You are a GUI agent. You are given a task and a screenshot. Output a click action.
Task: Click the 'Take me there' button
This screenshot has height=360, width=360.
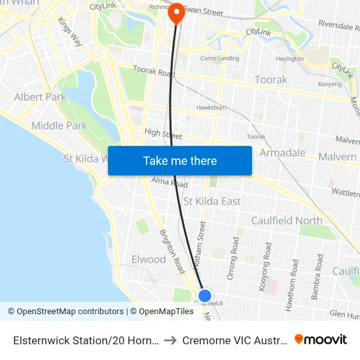(179, 160)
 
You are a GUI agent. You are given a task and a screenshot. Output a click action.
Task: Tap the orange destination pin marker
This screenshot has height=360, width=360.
(176, 13)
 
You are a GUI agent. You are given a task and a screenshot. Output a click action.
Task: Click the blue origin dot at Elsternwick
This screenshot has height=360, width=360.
(205, 296)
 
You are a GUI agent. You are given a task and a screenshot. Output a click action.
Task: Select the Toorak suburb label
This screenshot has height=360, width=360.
(270, 80)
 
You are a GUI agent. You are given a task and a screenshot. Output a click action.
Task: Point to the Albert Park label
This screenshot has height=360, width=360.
(41, 97)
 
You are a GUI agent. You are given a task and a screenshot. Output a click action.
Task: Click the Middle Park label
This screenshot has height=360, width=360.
(59, 126)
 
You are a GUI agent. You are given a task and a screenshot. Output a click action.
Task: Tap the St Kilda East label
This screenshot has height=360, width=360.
(212, 202)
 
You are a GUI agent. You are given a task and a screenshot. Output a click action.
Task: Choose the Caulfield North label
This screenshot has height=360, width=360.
(287, 221)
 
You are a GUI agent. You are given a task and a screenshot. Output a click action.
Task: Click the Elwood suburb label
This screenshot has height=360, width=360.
(149, 259)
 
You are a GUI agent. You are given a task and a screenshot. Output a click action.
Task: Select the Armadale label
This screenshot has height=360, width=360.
(283, 153)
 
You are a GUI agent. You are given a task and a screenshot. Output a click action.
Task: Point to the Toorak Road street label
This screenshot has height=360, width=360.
(154, 71)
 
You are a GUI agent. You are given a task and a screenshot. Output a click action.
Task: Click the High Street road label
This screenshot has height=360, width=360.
(163, 134)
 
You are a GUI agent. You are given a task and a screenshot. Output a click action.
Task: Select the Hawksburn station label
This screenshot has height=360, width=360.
(211, 107)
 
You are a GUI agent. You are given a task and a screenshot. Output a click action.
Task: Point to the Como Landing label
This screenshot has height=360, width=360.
(220, 58)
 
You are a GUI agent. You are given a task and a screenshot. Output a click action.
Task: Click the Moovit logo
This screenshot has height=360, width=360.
(321, 340)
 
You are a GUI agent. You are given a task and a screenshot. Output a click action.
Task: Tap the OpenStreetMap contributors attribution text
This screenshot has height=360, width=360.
(65, 312)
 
